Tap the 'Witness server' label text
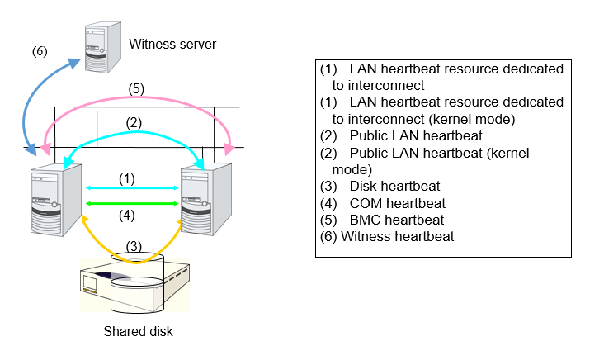point(172,44)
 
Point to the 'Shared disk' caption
point(139,332)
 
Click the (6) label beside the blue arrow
point(40,50)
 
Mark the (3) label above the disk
point(133,244)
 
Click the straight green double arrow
point(133,202)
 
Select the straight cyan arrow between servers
point(133,188)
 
